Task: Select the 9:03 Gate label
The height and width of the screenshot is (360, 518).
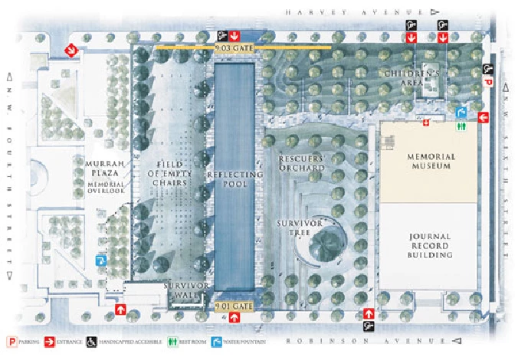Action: [x=234, y=48]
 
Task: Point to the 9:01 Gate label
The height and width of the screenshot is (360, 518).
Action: [x=234, y=306]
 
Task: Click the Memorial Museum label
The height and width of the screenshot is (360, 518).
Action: [x=425, y=162]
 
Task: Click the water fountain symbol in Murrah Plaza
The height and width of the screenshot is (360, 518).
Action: [x=100, y=260]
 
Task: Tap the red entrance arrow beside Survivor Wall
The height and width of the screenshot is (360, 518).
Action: [x=121, y=309]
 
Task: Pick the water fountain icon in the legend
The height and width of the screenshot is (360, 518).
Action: [x=218, y=341]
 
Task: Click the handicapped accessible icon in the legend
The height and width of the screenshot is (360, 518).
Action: [x=90, y=341]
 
